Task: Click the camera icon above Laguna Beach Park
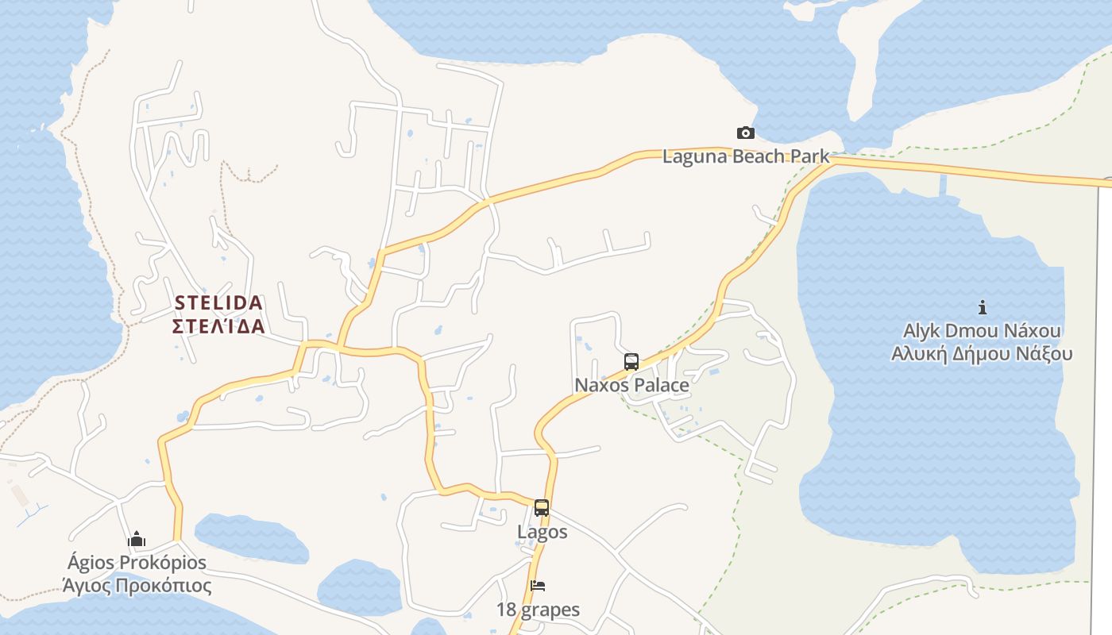[745, 133]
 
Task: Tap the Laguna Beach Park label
[746, 156]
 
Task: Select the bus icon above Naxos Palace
[631, 362]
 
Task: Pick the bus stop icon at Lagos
[542, 508]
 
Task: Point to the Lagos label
[542, 532]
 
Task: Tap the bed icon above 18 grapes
[538, 587]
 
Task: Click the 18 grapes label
[538, 610]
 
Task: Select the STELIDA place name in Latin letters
[218, 303]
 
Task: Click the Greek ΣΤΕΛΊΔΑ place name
[218, 326]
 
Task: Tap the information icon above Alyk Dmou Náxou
[983, 307]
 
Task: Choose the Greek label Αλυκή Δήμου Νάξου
[982, 353]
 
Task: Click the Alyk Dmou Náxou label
[982, 330]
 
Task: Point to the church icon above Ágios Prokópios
[137, 540]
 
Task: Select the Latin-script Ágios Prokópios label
[137, 563]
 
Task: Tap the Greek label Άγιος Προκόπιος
[137, 587]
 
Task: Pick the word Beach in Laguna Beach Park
[759, 156]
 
